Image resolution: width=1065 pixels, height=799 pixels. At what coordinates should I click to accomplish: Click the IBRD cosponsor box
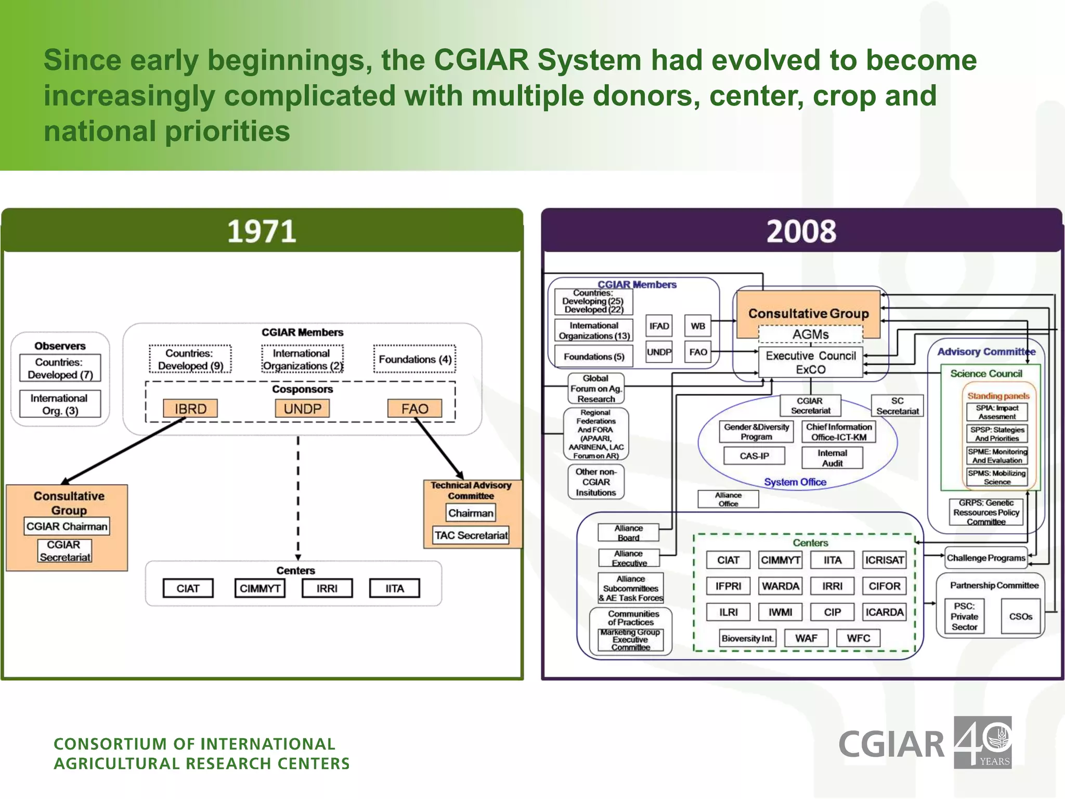coord(190,408)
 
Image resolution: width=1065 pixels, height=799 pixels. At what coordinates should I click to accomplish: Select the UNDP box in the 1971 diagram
coord(302,408)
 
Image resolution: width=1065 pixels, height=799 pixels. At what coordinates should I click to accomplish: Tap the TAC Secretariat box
coord(471,535)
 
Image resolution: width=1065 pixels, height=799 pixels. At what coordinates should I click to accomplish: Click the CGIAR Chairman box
coord(67,526)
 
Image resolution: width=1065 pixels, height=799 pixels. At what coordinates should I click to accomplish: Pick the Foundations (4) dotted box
coord(414,359)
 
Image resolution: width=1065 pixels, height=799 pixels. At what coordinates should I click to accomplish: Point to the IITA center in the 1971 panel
coord(394,588)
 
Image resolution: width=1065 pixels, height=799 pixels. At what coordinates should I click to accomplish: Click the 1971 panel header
coord(262,231)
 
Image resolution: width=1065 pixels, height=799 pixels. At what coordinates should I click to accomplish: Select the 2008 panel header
coord(801,231)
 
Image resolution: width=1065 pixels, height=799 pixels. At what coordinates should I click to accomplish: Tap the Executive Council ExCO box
coord(810,363)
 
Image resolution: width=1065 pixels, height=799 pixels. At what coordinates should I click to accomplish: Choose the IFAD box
coord(659,326)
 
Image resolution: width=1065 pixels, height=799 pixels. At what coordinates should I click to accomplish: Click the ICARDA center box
coord(884,612)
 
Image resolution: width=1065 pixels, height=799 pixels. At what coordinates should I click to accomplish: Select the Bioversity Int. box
coord(747,638)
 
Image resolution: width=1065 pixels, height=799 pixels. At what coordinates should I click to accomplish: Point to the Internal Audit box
coord(832,458)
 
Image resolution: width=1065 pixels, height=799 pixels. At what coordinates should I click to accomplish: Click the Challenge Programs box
coord(985,558)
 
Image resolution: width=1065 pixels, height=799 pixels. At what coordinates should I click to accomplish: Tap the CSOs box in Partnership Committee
coord(1020,616)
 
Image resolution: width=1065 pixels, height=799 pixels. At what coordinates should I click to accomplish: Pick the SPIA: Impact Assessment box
coord(997,412)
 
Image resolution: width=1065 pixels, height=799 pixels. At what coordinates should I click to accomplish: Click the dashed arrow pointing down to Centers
coord(298,499)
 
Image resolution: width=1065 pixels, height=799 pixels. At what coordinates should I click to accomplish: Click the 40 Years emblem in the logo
coord(982,742)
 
